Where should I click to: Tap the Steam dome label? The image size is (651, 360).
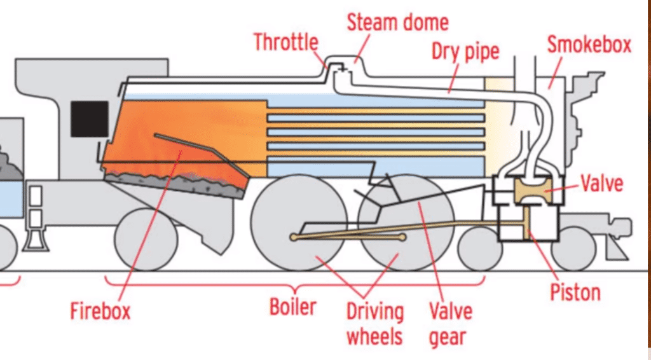point(397,23)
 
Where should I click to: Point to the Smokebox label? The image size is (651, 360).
point(589,45)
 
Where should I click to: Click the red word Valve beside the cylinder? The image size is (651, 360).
point(601,185)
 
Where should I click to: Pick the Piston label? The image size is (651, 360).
point(575,293)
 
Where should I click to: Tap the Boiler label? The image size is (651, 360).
point(293,307)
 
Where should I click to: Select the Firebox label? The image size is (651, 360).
point(100,311)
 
